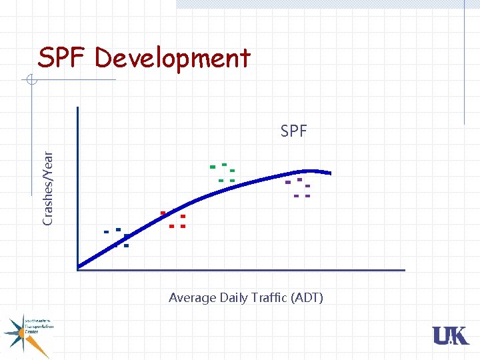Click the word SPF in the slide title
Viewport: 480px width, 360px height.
pyautogui.click(x=63, y=58)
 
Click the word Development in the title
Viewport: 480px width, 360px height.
pyautogui.click(x=173, y=58)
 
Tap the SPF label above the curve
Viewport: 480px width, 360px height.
pyautogui.click(x=293, y=131)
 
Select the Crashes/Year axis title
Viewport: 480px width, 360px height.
pyautogui.click(x=48, y=187)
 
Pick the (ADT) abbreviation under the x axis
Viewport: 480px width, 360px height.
pyautogui.click(x=307, y=298)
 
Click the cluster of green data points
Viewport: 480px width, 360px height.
pyautogui.click(x=223, y=173)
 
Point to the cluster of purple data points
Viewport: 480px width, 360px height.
pyautogui.click(x=298, y=187)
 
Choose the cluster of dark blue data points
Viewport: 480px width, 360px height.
pyautogui.click(x=118, y=237)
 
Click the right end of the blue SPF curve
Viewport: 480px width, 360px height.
pyautogui.click(x=331, y=173)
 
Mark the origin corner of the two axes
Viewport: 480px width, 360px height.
pyautogui.click(x=77, y=269)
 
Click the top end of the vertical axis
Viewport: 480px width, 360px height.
pyautogui.click(x=77, y=107)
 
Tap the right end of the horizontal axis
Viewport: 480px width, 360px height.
pyautogui.click(x=404, y=270)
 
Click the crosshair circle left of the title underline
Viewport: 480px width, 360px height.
pyautogui.click(x=31, y=81)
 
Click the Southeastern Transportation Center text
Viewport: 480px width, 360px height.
pyautogui.click(x=39, y=327)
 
